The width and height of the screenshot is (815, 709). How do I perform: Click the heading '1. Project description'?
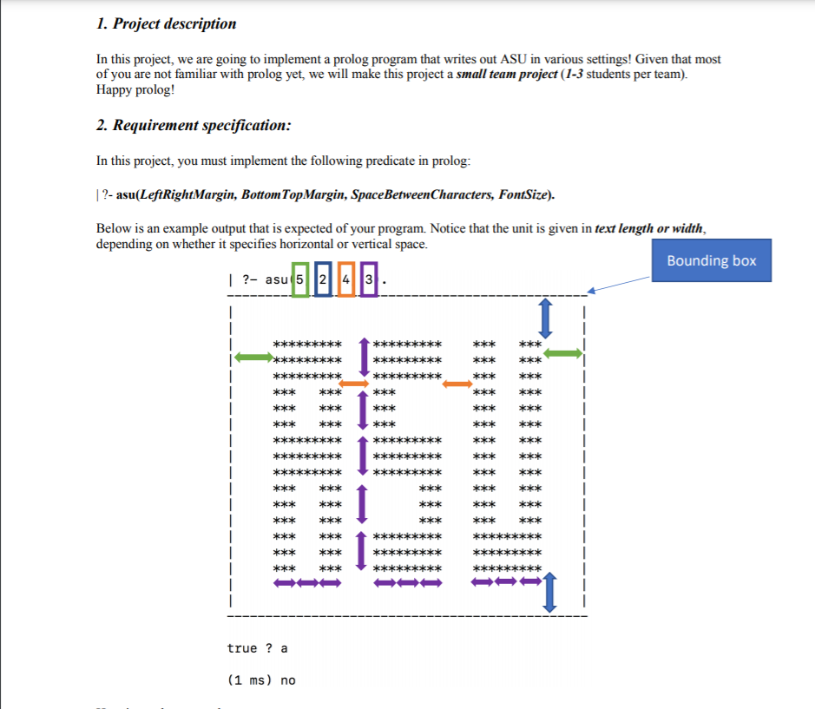pos(166,23)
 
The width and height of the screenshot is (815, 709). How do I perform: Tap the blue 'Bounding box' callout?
pos(711,260)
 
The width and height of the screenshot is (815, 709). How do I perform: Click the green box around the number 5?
pos(299,279)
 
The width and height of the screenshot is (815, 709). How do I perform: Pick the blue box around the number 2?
pos(323,279)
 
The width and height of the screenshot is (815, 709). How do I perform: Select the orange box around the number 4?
pos(345,279)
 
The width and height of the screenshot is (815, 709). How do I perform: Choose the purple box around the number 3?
pos(369,279)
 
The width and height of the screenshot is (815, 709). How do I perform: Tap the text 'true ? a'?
pos(257,648)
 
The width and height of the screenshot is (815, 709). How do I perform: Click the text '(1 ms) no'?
pos(260,679)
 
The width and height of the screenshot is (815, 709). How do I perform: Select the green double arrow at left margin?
pos(253,357)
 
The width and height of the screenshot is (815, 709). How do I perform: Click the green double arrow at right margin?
pos(562,352)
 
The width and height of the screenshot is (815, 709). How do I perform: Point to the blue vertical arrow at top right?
pos(545,318)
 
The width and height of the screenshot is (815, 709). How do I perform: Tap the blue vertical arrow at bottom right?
pos(549,593)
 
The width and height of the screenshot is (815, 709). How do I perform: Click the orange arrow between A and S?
pos(353,384)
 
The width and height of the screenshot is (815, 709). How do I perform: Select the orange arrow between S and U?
pos(457,384)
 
